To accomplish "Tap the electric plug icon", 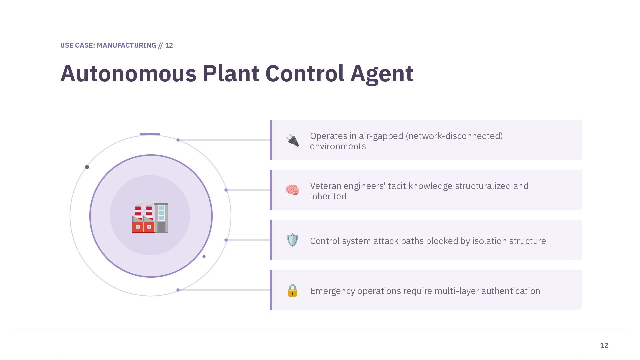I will click(x=292, y=140).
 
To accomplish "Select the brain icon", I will click(x=292, y=190).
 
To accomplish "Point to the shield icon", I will click(x=292, y=240).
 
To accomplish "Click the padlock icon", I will click(x=292, y=290).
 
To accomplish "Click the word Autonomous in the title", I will click(x=128, y=73).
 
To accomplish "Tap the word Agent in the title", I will click(x=382, y=74).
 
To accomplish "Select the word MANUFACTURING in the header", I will click(x=126, y=45).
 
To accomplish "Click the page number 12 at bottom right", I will click(x=604, y=345).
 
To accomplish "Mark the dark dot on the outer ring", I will click(x=87, y=167).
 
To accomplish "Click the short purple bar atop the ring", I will click(x=150, y=134).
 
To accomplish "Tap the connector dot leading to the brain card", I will click(x=226, y=190).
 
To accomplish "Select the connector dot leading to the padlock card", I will click(x=178, y=290).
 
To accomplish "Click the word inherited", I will click(x=328, y=196).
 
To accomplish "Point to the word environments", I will click(x=338, y=146).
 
